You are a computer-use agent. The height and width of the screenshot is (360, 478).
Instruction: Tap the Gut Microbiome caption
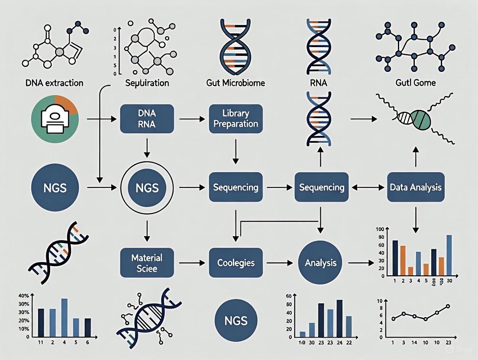pyautogui.click(x=235, y=82)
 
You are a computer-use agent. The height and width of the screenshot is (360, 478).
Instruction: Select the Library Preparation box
pyautogui.click(x=236, y=119)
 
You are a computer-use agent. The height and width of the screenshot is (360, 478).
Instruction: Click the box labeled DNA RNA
pyautogui.click(x=146, y=118)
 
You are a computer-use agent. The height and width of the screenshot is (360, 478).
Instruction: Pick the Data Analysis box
pyautogui.click(x=415, y=187)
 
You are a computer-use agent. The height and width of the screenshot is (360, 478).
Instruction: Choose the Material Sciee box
pyautogui.click(x=146, y=263)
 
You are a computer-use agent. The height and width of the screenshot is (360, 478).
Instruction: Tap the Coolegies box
pyautogui.click(x=236, y=263)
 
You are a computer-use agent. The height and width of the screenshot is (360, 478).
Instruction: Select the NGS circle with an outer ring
pyautogui.click(x=146, y=188)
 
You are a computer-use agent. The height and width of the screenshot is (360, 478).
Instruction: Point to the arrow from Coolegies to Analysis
pyautogui.click(x=279, y=263)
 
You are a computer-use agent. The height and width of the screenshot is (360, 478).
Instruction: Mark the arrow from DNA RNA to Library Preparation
pyautogui.click(x=191, y=118)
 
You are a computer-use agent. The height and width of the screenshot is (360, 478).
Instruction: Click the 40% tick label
pyautogui.click(x=23, y=296)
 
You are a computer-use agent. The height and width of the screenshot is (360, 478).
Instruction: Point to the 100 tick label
pyautogui.click(x=380, y=229)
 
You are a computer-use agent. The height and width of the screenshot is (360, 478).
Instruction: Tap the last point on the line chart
pyautogui.click(x=448, y=306)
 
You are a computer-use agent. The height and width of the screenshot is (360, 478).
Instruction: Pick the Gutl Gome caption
pyautogui.click(x=415, y=82)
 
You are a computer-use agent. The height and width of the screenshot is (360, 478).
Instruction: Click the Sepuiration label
pyautogui.click(x=146, y=82)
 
